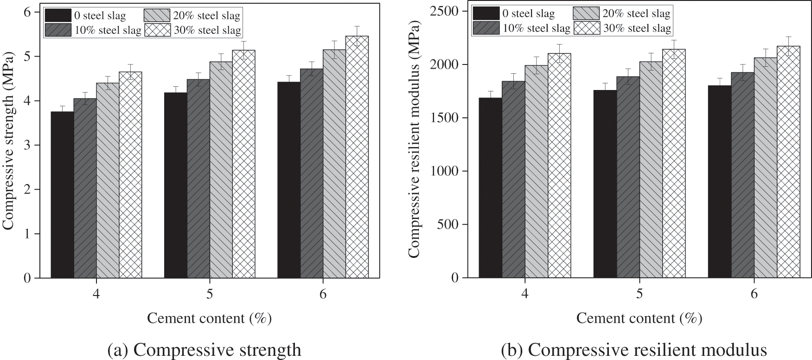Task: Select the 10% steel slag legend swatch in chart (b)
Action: pyautogui.click(x=486, y=28)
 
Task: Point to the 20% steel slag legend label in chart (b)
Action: pyautogui.click(x=637, y=13)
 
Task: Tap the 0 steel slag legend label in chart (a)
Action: pyautogui.click(x=100, y=15)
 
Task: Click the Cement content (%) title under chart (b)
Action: pyautogui.click(x=639, y=319)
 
